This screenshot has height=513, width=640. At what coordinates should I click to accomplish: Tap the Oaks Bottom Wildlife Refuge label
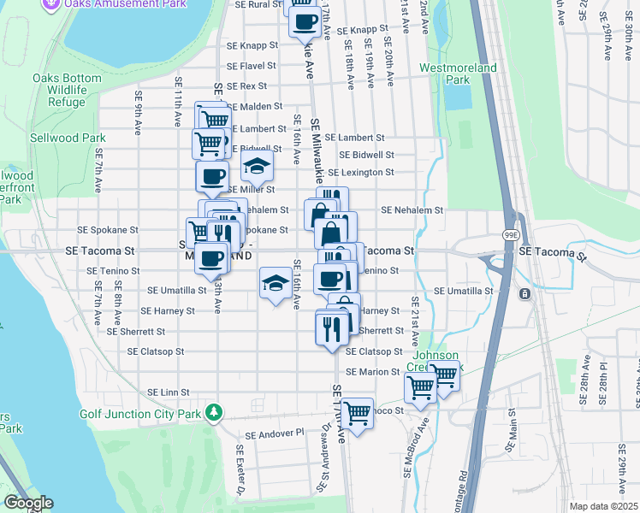60,90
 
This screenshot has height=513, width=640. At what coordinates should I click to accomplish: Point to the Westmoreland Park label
445,73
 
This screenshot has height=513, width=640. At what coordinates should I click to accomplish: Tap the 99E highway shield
511,234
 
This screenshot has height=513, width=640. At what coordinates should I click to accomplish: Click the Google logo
28,503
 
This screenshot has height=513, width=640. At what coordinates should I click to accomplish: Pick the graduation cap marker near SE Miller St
256,167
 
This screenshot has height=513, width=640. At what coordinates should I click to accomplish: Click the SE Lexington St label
365,172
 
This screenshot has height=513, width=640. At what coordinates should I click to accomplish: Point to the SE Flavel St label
251,65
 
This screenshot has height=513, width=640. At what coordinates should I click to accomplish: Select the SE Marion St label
373,372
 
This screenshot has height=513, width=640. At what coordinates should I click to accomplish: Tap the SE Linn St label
163,392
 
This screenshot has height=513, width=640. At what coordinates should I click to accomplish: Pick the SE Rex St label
246,86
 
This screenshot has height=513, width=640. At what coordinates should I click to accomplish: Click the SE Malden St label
253,106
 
